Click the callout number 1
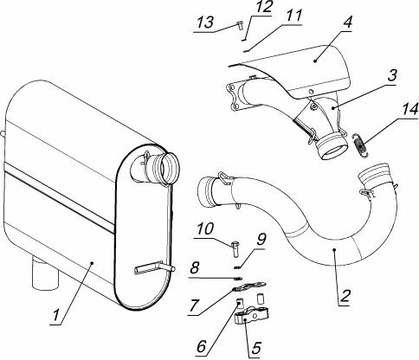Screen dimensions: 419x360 pos(57,316)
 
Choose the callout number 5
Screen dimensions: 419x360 pos(255,349)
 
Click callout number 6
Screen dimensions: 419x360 pos(202,345)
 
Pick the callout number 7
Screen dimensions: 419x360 pos(194,305)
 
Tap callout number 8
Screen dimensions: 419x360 pos(195,268)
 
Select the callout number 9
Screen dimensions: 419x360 pos(261,239)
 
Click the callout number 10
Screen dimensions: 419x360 pos(205,228)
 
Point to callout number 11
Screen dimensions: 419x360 pos(293,16)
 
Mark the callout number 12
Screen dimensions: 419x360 pos(262,7)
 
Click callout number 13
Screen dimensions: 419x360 pos(206,22)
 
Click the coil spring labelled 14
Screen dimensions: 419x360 pos(361,145)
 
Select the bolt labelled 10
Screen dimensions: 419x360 pos(235,249)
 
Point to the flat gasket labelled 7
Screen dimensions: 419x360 pos(249,287)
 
